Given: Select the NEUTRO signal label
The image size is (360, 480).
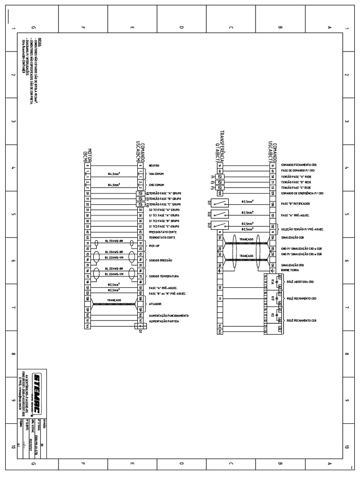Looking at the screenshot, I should [154, 165].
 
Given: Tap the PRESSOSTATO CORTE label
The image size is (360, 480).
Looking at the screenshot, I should [163, 232].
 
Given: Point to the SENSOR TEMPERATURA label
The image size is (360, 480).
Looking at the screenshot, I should [164, 277].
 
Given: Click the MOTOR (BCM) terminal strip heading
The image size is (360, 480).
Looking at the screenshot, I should [88, 151].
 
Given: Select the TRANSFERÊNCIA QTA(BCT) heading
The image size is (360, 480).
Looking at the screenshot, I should [220, 145].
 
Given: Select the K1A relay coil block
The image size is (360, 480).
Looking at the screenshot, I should [272, 281].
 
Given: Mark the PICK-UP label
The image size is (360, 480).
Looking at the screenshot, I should [154, 245].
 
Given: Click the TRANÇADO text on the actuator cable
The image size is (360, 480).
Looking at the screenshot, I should [114, 300].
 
